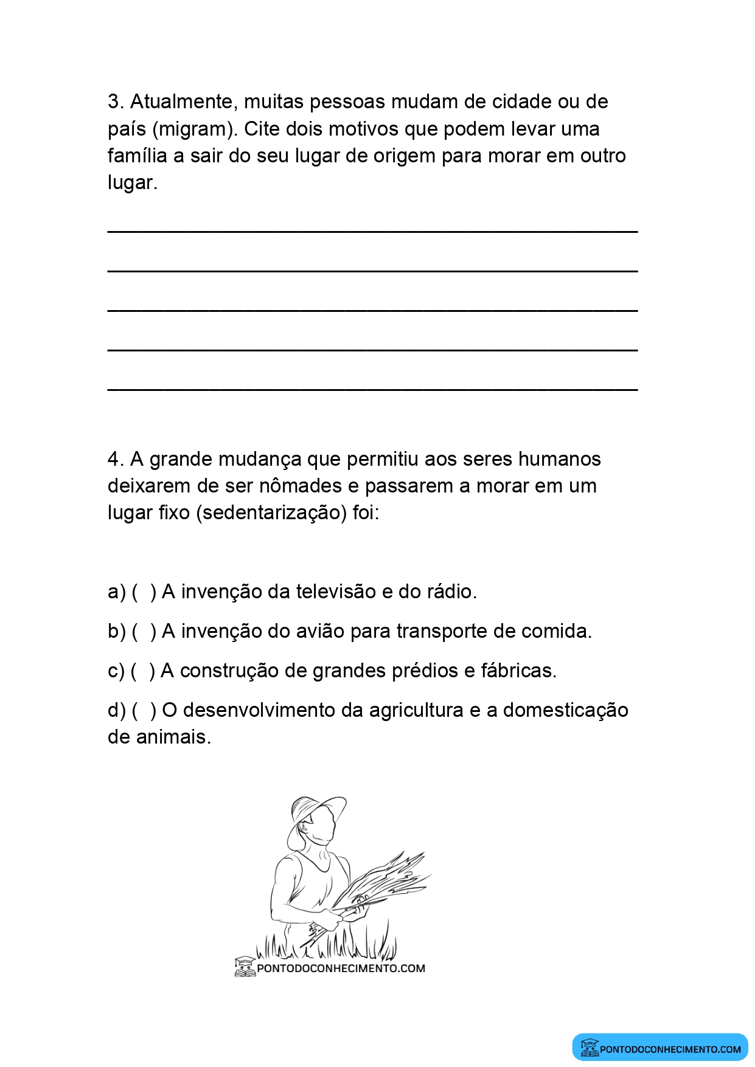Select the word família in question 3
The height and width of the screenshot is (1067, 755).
tap(137, 156)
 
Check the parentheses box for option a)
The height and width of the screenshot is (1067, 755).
tap(144, 592)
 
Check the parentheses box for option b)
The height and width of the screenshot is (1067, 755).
tap(144, 631)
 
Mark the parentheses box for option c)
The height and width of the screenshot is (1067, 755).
tap(143, 671)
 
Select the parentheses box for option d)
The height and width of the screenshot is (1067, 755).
tap(144, 710)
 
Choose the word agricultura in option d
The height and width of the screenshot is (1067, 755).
tap(416, 710)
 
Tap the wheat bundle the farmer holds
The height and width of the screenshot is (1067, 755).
tap(383, 882)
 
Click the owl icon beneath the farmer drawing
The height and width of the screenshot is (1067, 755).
tap(245, 967)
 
